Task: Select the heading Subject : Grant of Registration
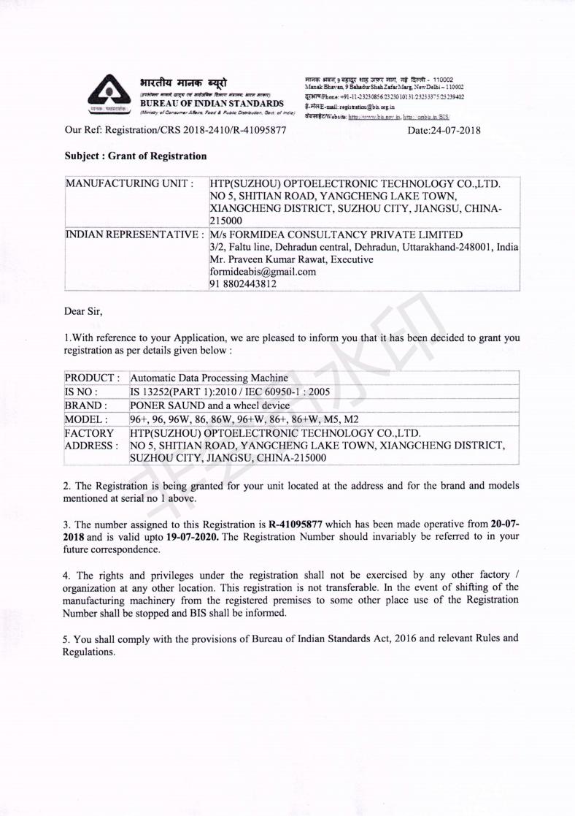point(136,156)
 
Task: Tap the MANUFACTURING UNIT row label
point(129,184)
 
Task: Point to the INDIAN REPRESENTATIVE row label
point(134,235)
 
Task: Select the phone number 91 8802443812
point(243,284)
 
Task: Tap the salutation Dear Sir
point(84,312)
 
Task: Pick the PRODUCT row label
point(92,378)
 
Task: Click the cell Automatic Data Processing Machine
point(209,378)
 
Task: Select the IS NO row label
point(82,392)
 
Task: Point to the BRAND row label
point(86,405)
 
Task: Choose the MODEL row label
point(86,419)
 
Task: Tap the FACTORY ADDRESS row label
point(90,439)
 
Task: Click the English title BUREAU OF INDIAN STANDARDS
point(213,103)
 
